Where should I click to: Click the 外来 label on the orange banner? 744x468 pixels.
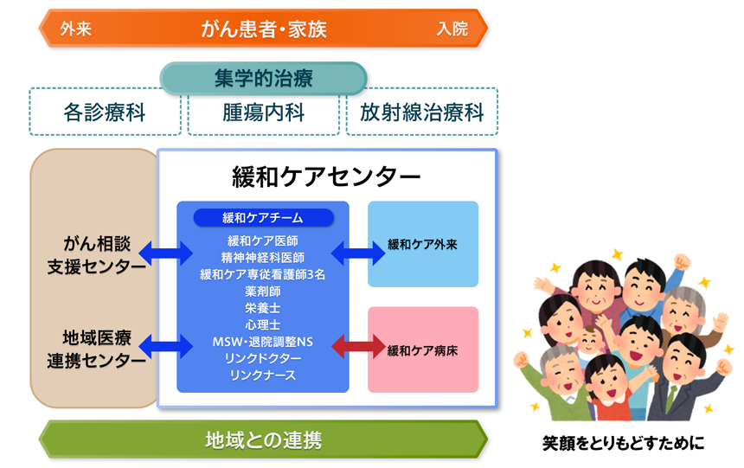76,29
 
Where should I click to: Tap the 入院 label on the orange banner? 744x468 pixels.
452,29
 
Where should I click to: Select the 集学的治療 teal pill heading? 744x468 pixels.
263,78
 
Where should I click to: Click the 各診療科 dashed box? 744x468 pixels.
105,112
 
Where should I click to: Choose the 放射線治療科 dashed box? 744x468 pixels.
422,112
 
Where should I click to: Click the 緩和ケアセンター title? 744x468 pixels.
326,176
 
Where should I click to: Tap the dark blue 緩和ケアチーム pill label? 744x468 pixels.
263,217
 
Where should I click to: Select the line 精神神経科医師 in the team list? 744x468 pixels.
263,258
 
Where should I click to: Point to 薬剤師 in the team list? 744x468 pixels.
263,291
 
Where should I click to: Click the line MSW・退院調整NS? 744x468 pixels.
263,342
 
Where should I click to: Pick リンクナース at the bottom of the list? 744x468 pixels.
263,375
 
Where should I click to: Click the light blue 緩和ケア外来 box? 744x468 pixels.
423,244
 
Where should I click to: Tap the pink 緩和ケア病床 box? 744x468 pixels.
423,349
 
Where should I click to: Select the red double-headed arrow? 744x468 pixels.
358,346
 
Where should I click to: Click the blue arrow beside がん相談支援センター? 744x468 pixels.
165,253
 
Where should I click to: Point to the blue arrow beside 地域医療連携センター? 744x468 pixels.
165,346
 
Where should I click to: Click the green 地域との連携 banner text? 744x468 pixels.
263,440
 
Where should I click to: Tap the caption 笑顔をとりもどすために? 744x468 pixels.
624,443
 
